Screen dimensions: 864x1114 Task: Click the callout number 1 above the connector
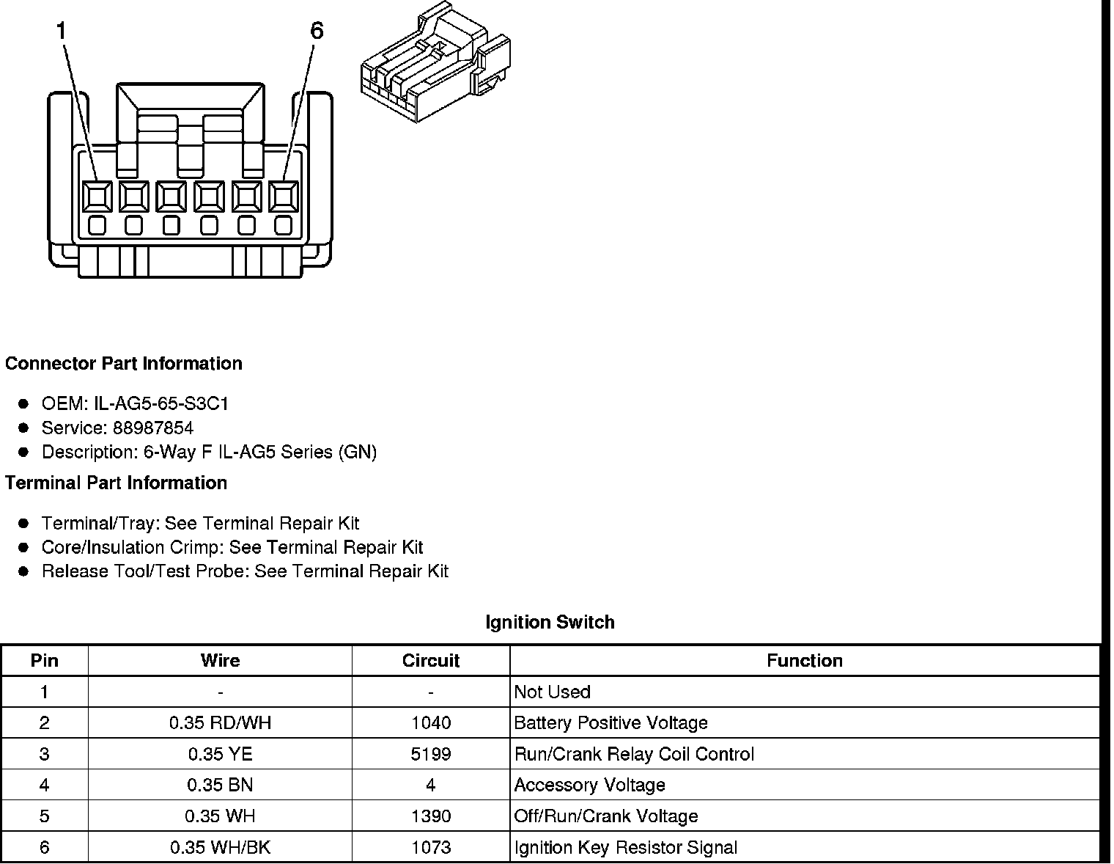click(x=62, y=32)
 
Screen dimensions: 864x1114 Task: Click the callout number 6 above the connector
click(x=317, y=32)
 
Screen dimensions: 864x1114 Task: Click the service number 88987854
click(x=153, y=428)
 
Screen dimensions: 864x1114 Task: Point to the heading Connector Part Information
click(x=124, y=364)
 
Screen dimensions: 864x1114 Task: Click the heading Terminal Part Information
click(x=117, y=483)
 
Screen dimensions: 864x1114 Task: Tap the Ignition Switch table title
click(x=550, y=623)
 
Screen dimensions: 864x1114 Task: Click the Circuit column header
click(x=431, y=661)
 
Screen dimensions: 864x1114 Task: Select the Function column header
click(x=805, y=661)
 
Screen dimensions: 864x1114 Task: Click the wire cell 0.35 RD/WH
click(x=220, y=723)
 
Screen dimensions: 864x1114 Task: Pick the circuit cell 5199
click(x=431, y=755)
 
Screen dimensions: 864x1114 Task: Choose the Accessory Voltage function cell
click(x=590, y=786)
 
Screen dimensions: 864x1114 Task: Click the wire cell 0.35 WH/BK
click(x=220, y=848)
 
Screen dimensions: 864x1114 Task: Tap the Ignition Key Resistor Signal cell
click(x=626, y=848)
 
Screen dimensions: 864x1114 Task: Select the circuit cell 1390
click(x=431, y=817)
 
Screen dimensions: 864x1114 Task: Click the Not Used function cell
click(x=553, y=692)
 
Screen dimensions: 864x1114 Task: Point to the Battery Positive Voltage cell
click(x=611, y=723)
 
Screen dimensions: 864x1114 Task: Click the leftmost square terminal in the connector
click(x=96, y=197)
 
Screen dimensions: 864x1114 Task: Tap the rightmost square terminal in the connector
click(x=284, y=197)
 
